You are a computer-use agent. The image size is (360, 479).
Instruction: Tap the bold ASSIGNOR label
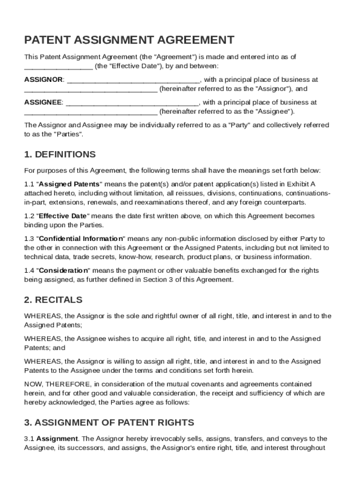pos(43,80)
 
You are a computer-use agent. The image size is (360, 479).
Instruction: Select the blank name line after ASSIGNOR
pos(134,80)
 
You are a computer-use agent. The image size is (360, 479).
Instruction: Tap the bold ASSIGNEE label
pos(43,102)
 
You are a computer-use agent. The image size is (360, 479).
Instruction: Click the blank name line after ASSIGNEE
pos(133,102)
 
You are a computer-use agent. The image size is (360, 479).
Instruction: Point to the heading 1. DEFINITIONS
pos(60,154)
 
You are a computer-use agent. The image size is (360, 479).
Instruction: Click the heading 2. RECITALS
pos(53,300)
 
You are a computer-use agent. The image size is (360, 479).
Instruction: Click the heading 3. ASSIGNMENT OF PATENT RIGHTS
pos(109,423)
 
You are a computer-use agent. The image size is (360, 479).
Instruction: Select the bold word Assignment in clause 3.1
pos(57,439)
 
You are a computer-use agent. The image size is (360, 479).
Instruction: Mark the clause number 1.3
pos(29,239)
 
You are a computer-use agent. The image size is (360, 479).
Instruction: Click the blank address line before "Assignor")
pos(91,89)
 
